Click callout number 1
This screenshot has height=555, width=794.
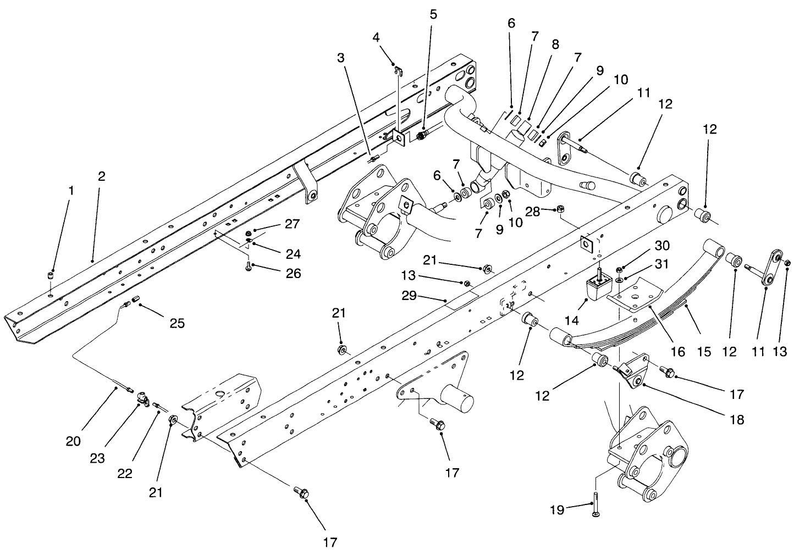[x=70, y=190]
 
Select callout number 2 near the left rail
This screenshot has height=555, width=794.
[x=102, y=176]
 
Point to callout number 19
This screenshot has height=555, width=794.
[x=557, y=510]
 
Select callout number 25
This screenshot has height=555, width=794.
[x=177, y=323]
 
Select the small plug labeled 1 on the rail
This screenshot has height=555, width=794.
[x=51, y=275]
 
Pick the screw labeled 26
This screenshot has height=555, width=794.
[x=248, y=267]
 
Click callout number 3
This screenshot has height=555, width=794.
[x=341, y=57]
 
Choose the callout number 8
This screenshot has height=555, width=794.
[x=555, y=45]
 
